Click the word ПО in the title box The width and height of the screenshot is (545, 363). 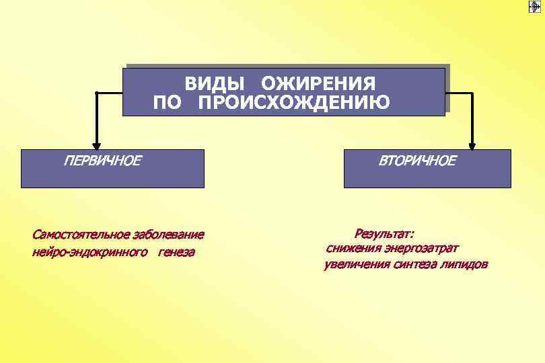(166, 102)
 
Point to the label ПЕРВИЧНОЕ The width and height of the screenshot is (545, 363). (102, 161)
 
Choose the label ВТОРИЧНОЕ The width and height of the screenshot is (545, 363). (416, 161)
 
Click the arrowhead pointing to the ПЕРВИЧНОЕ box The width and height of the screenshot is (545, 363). (97, 143)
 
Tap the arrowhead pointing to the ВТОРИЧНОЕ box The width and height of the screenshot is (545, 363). (472, 143)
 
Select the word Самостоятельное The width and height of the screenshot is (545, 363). (81, 235)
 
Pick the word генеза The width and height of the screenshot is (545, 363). (177, 253)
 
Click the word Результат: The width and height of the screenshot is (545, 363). (384, 233)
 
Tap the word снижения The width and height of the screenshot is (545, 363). (352, 248)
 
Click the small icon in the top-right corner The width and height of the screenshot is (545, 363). (536, 7)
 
